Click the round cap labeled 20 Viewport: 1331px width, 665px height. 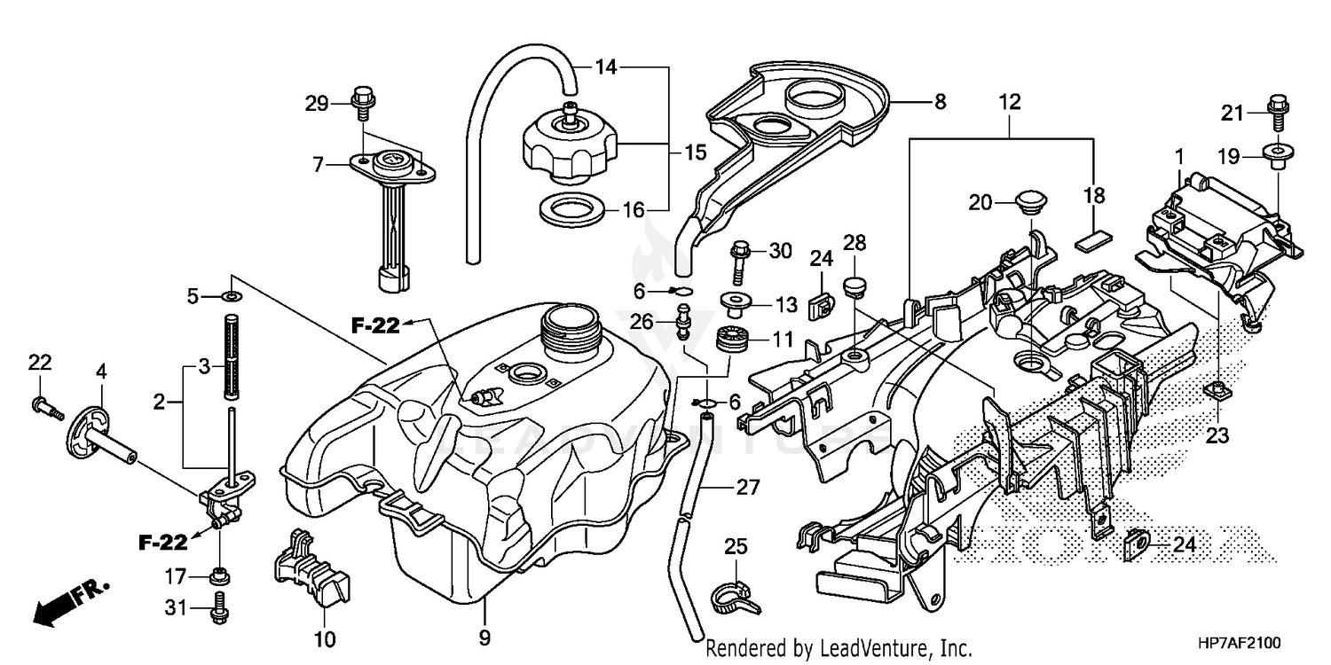click(1029, 201)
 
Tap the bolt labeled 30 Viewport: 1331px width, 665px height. click(739, 258)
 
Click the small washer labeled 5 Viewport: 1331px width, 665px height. click(232, 296)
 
